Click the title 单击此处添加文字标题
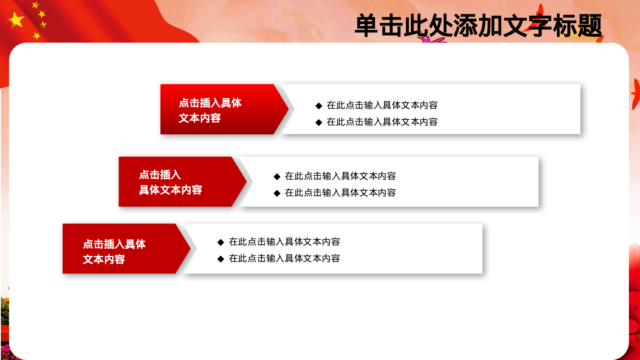[478, 26]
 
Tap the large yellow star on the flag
[16, 20]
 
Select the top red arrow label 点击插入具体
[210, 103]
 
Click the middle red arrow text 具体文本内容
[170, 190]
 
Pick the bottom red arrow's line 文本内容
[104, 259]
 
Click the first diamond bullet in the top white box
[319, 106]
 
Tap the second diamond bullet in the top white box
[319, 122]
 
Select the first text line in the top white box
[382, 105]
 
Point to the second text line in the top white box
[382, 122]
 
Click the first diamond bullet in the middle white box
[277, 177]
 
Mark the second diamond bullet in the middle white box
[277, 193]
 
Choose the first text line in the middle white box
[340, 176]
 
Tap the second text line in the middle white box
[340, 193]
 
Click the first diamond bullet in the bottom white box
[221, 242]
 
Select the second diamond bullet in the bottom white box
[221, 259]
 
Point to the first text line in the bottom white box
[284, 242]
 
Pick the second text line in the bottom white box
[284, 258]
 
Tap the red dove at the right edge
[636, 94]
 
